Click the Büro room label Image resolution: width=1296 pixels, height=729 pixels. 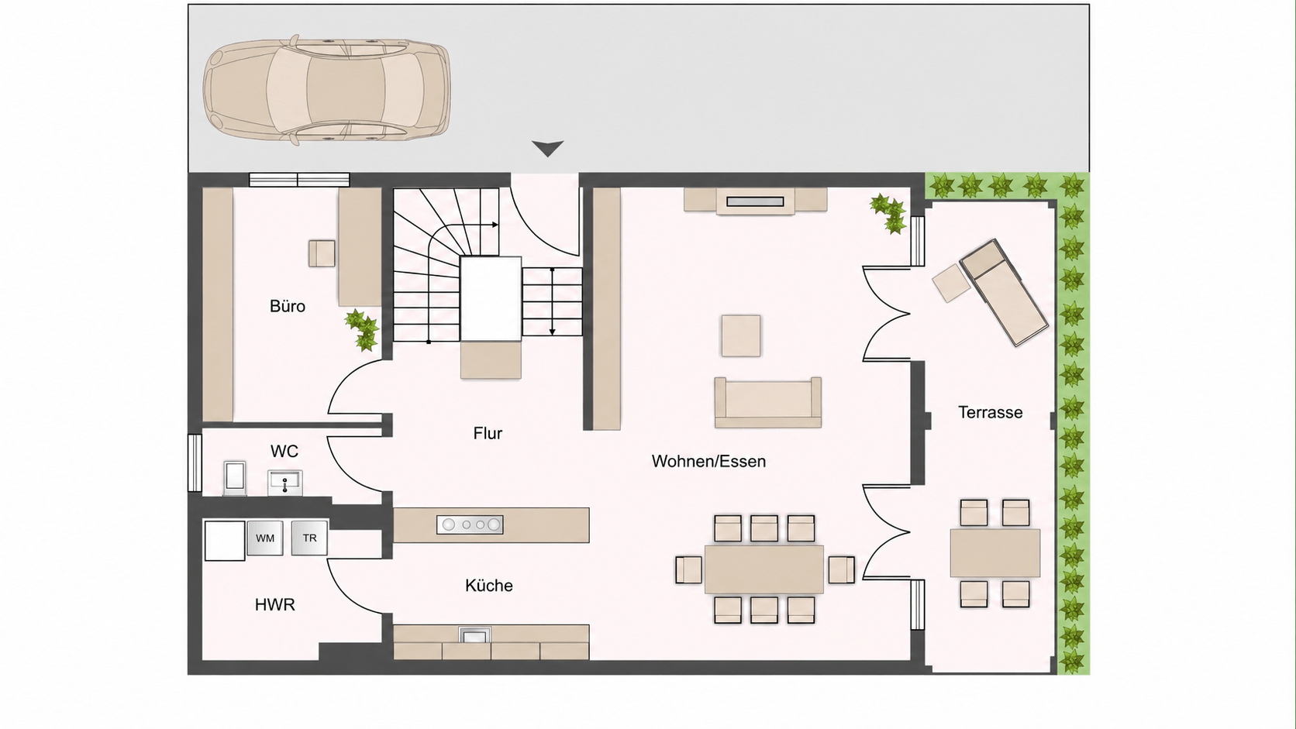(287, 307)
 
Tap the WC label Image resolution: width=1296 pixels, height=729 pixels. (284, 451)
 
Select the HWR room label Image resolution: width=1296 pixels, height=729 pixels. (275, 605)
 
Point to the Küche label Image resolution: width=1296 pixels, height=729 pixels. (489, 586)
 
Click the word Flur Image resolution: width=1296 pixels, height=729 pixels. (488, 434)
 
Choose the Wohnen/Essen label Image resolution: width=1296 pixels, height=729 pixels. (708, 461)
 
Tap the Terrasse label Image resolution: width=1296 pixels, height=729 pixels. (990, 412)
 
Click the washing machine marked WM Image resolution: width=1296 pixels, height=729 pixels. (265, 538)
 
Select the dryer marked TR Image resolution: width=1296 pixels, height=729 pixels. (309, 538)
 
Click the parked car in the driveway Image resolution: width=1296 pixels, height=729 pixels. (327, 90)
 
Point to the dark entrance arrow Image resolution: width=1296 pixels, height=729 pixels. (547, 149)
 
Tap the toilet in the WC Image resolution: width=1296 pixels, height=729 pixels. (235, 477)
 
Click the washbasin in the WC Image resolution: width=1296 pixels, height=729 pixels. (284, 482)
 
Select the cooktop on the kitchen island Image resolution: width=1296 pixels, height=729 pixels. (470, 524)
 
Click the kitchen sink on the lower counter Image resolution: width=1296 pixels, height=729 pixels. (474, 635)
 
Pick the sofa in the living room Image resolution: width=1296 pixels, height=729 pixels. (768, 403)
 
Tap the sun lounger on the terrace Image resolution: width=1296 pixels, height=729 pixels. (1004, 292)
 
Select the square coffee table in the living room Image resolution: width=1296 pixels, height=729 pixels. (740, 336)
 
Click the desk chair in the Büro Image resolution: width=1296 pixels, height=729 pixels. (322, 253)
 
